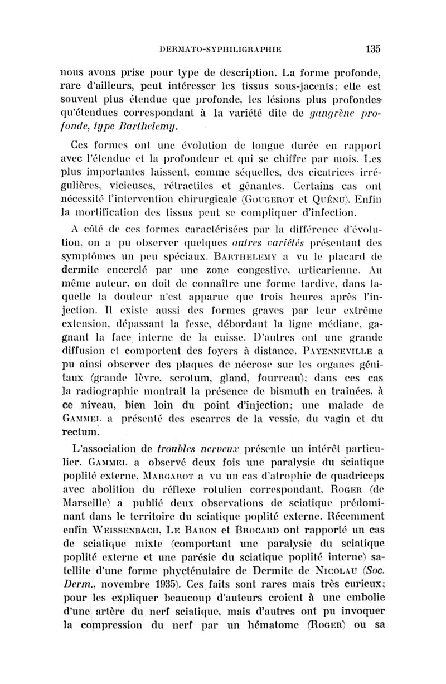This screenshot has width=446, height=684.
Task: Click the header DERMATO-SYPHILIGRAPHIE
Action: coord(219,49)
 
